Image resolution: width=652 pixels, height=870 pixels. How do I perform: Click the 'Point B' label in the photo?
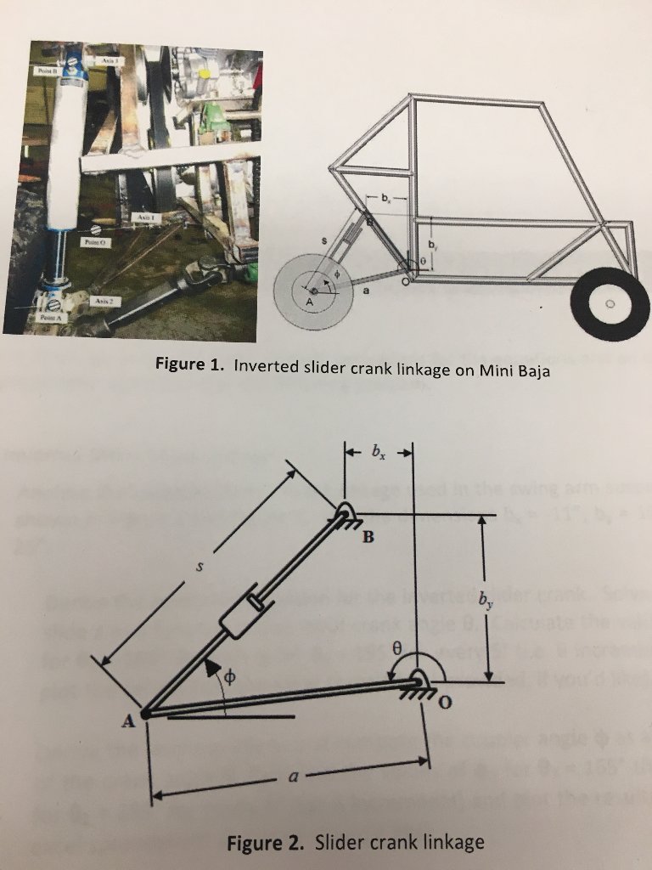(x=43, y=72)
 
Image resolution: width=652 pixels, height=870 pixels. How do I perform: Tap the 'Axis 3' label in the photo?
(x=110, y=61)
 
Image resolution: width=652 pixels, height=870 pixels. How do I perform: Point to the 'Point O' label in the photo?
(x=93, y=241)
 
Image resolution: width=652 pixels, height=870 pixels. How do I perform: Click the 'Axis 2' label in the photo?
(x=101, y=300)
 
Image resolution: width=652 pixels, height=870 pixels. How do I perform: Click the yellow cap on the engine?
(x=205, y=74)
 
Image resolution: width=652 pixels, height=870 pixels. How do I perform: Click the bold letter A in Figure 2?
(x=128, y=721)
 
